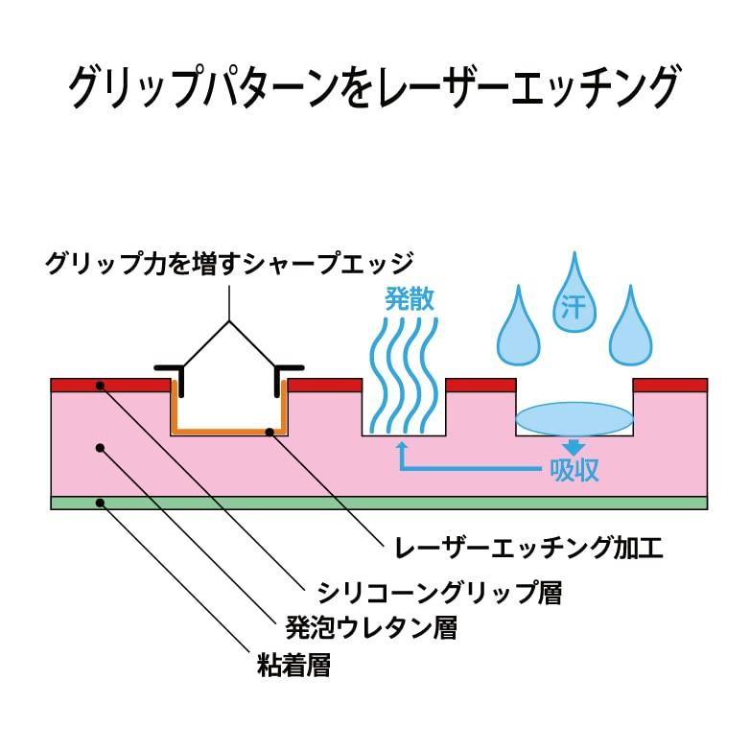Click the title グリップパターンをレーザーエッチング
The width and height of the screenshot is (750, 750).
click(374, 88)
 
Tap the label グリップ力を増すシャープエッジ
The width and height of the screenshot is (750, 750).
click(229, 263)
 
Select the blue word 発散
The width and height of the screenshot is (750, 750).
click(410, 299)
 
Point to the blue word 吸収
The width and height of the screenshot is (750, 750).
click(574, 470)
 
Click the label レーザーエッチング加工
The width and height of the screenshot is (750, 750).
click(528, 548)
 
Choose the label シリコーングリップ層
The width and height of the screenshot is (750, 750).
click(439, 592)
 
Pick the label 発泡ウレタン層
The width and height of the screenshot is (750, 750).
click(371, 627)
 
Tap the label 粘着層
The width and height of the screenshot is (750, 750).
click(293, 665)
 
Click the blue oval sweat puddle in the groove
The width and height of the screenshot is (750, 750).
click(574, 418)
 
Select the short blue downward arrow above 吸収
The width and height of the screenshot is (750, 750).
click(574, 446)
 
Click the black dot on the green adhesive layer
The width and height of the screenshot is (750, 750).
click(100, 503)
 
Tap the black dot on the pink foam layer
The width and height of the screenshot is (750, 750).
click(100, 448)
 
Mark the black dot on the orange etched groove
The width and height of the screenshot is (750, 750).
click(270, 433)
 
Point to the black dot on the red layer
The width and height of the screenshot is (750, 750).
click(100, 386)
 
